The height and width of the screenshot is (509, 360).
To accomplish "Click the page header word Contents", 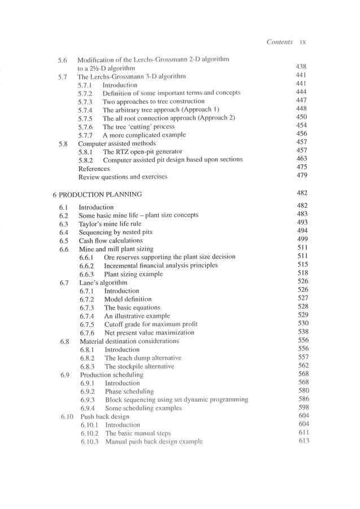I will click(279, 42).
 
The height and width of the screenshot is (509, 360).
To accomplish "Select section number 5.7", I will click(63, 77).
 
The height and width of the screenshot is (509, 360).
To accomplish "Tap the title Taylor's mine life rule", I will click(110, 223).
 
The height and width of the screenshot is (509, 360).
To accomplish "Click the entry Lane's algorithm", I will click(103, 282).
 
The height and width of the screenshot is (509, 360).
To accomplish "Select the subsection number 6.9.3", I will click(90, 400).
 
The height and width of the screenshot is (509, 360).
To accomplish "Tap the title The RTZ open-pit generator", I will click(142, 152).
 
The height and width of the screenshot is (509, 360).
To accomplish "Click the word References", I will click(94, 169).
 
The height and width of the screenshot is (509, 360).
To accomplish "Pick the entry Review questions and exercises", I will click(122, 177).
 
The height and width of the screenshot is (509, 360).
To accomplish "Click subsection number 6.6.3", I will click(89, 274).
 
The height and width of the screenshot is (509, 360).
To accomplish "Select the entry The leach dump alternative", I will click(143, 358).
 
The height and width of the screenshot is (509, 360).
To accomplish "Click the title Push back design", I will click(104, 416).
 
